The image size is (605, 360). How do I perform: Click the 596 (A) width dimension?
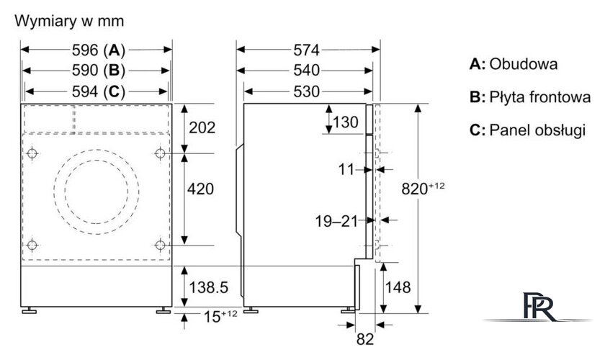click(x=99, y=50)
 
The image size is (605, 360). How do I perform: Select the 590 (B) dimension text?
click(x=99, y=71)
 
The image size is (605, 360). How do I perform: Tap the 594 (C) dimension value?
click(x=99, y=91)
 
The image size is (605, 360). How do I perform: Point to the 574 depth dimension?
click(x=307, y=50)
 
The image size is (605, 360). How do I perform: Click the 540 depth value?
click(x=307, y=71)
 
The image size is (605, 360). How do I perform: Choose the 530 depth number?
click(x=307, y=91)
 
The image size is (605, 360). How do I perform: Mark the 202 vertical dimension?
click(x=202, y=127)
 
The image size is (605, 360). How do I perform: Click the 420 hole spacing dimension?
click(x=200, y=189)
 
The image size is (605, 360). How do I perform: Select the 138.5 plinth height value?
click(x=208, y=287)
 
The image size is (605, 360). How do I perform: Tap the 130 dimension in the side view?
click(x=346, y=122)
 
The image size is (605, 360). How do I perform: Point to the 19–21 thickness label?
click(x=336, y=221)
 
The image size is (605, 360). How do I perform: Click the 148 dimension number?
click(x=398, y=287)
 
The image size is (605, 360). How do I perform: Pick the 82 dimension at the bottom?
click(x=365, y=339)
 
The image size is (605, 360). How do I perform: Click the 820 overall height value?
click(x=423, y=188)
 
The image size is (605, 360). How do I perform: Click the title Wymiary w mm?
click(x=69, y=21)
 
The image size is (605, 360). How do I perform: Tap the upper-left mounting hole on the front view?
click(x=32, y=153)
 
